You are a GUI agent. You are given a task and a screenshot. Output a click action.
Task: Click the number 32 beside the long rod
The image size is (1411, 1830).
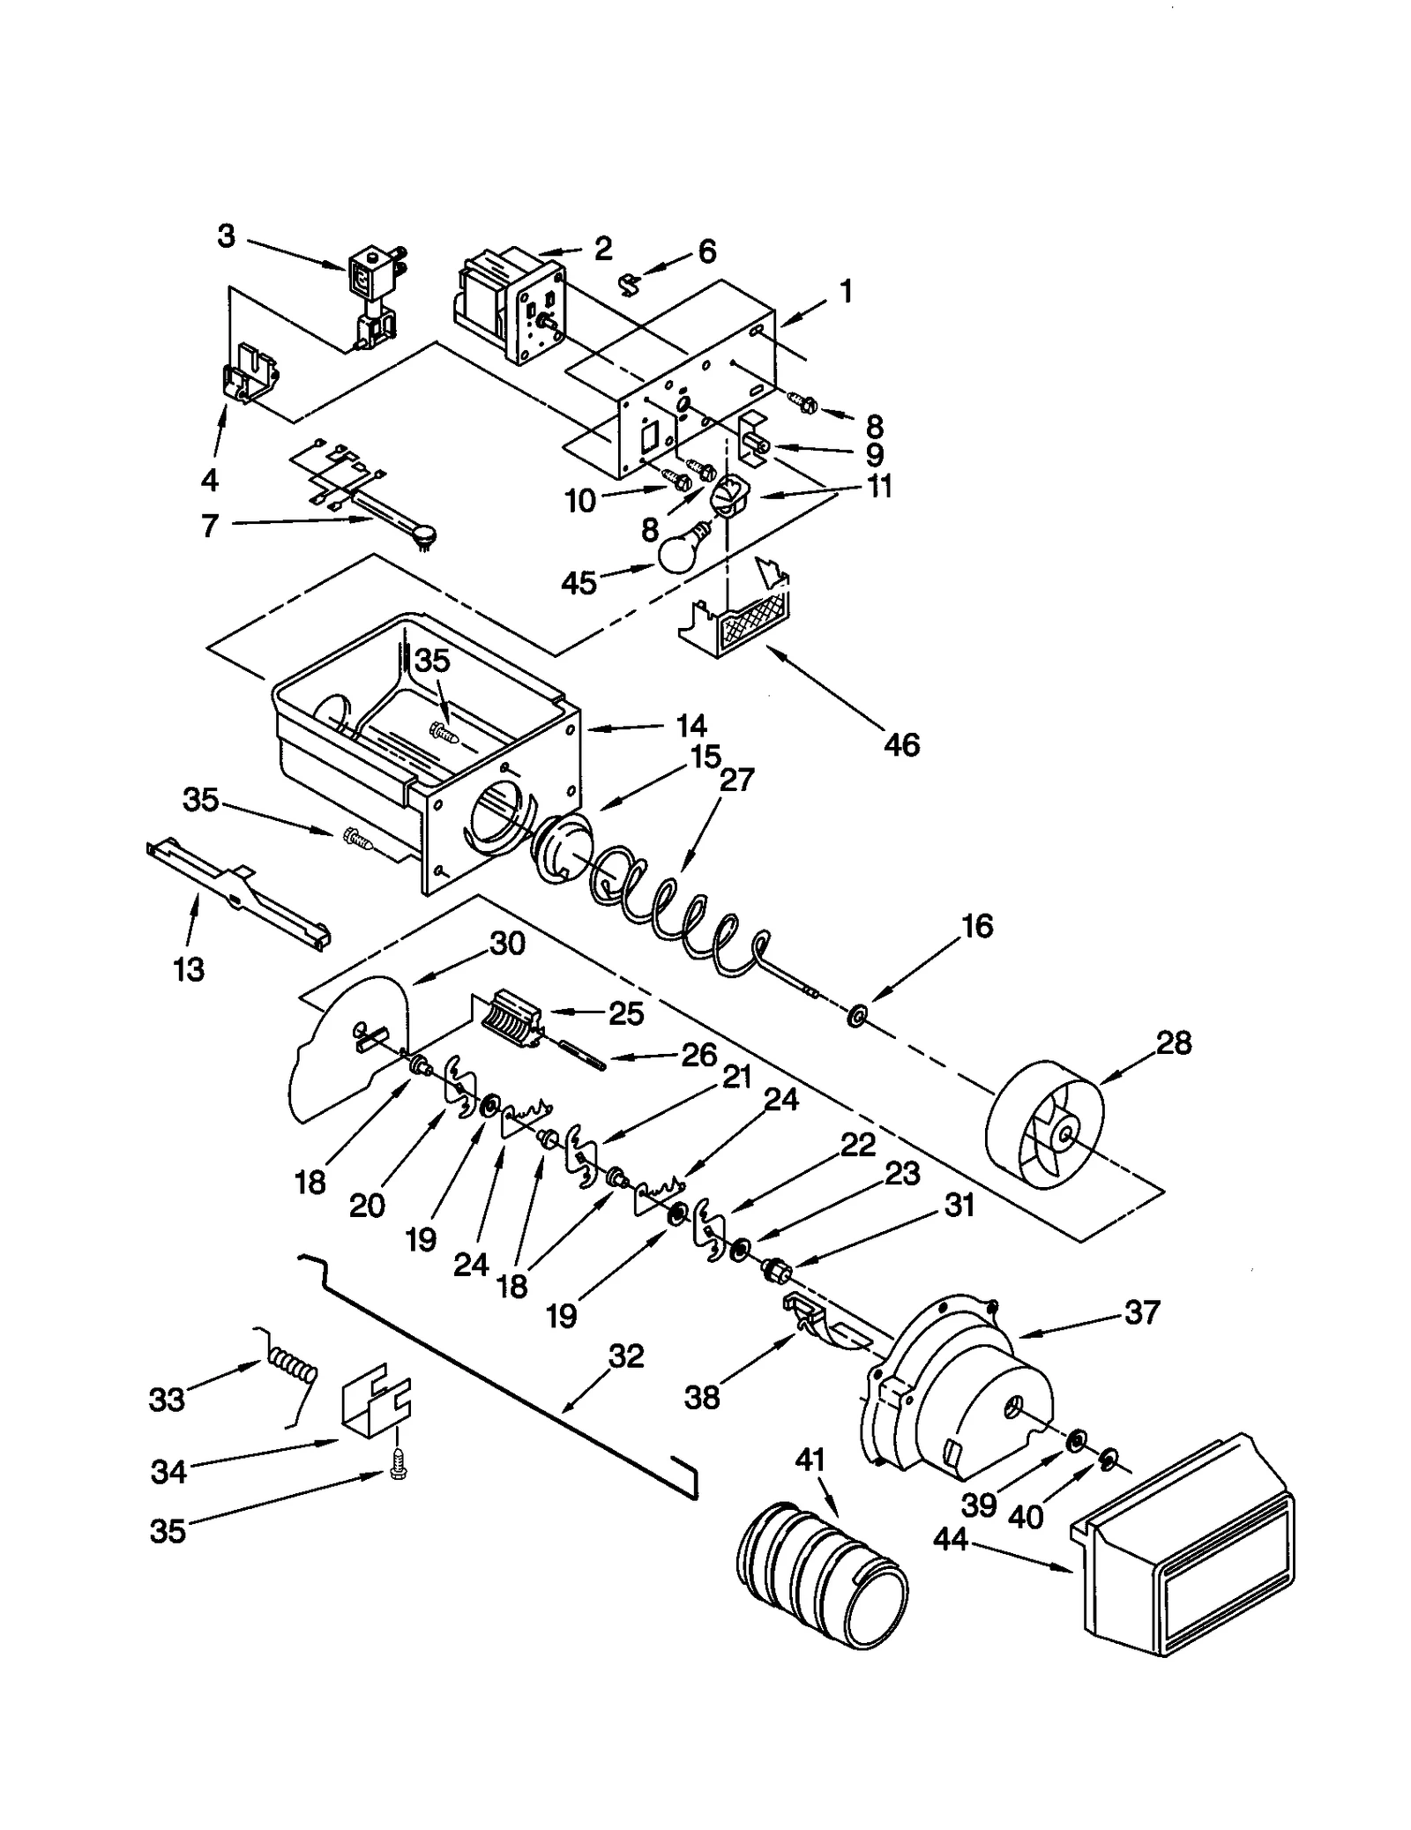tap(626, 1356)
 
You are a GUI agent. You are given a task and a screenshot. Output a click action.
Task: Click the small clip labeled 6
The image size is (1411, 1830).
tap(630, 284)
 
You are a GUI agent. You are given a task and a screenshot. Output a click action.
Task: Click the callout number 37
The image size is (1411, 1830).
tap(1141, 1312)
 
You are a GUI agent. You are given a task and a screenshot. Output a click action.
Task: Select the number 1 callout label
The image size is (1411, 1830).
tap(845, 290)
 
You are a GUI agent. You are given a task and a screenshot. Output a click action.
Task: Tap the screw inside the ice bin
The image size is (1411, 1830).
tap(442, 731)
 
